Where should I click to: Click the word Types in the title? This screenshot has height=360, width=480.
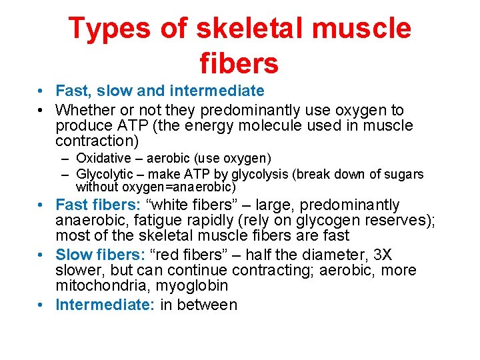click(108, 29)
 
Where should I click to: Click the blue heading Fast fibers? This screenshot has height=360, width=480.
click(97, 205)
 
